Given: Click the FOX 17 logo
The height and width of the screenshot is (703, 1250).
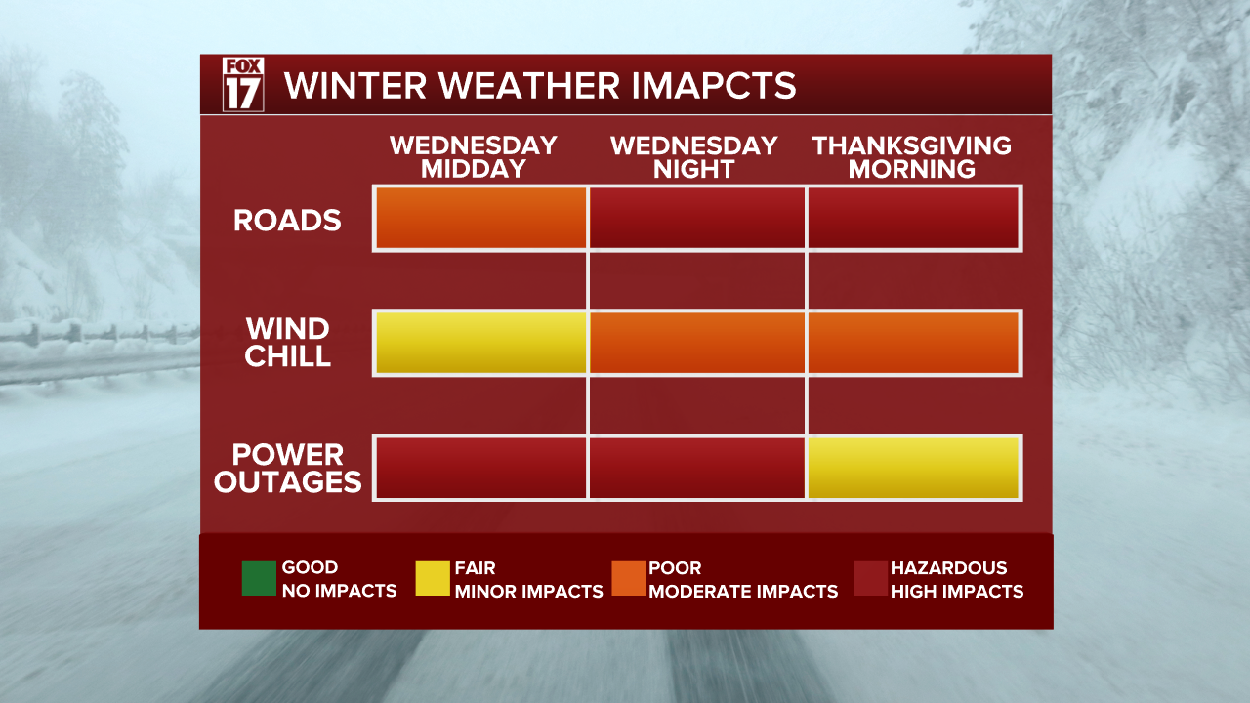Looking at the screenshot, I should pos(243,84).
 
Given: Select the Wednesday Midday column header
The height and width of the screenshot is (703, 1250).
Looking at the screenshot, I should pos(474,157).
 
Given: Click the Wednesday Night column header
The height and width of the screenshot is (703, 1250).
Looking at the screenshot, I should pos(693,157).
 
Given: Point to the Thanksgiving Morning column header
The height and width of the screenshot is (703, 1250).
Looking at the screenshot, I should pos(912,157).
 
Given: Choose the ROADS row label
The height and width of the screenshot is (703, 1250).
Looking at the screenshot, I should pos(287,220).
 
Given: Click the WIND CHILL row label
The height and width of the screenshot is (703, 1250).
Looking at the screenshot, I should pos(287,342).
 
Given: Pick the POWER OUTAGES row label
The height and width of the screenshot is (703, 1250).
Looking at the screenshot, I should pos(287,468).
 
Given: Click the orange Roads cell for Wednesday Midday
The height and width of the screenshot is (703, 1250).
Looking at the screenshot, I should pos(480,218).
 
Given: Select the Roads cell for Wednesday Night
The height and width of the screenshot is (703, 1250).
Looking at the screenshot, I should pos(697,218).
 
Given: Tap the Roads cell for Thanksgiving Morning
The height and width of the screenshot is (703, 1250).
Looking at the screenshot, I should pos(914,218).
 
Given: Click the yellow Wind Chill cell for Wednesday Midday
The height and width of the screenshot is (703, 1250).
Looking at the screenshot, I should pos(480,343).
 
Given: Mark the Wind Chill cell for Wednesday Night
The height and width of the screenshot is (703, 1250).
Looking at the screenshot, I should pos(697,343).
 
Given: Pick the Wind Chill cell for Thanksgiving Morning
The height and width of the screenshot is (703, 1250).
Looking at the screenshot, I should pos(914,343).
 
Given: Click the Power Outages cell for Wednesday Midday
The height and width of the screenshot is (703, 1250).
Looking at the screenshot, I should pos(480,468).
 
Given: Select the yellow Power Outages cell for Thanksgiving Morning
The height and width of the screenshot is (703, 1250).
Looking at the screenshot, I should pos(914,468).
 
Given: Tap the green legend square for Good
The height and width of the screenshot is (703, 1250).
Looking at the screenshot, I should pos(259,578).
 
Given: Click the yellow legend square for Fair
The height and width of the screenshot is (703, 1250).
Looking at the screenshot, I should pos(433,578).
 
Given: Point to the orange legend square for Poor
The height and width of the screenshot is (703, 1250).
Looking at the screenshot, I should pos(628,578).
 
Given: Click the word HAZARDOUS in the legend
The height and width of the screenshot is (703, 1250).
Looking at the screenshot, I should pos(948,567).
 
